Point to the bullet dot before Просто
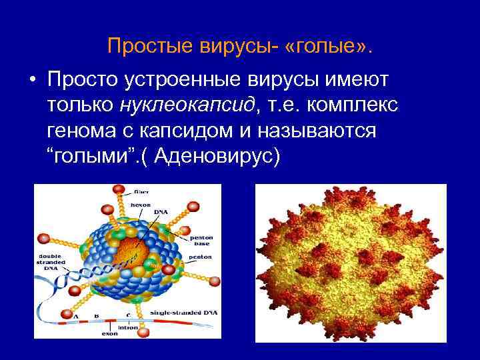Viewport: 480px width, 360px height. [x=32, y=80]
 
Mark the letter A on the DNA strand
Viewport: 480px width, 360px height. [x=77, y=314]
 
